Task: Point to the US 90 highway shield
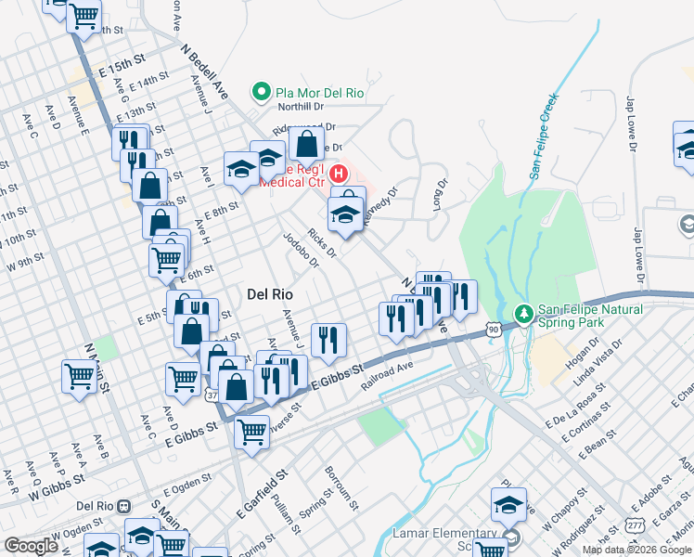click(x=493, y=330)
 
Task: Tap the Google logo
click(x=31, y=546)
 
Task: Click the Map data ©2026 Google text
click(x=636, y=550)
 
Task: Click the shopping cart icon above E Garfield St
click(x=252, y=431)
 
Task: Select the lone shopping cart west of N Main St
click(x=78, y=376)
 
